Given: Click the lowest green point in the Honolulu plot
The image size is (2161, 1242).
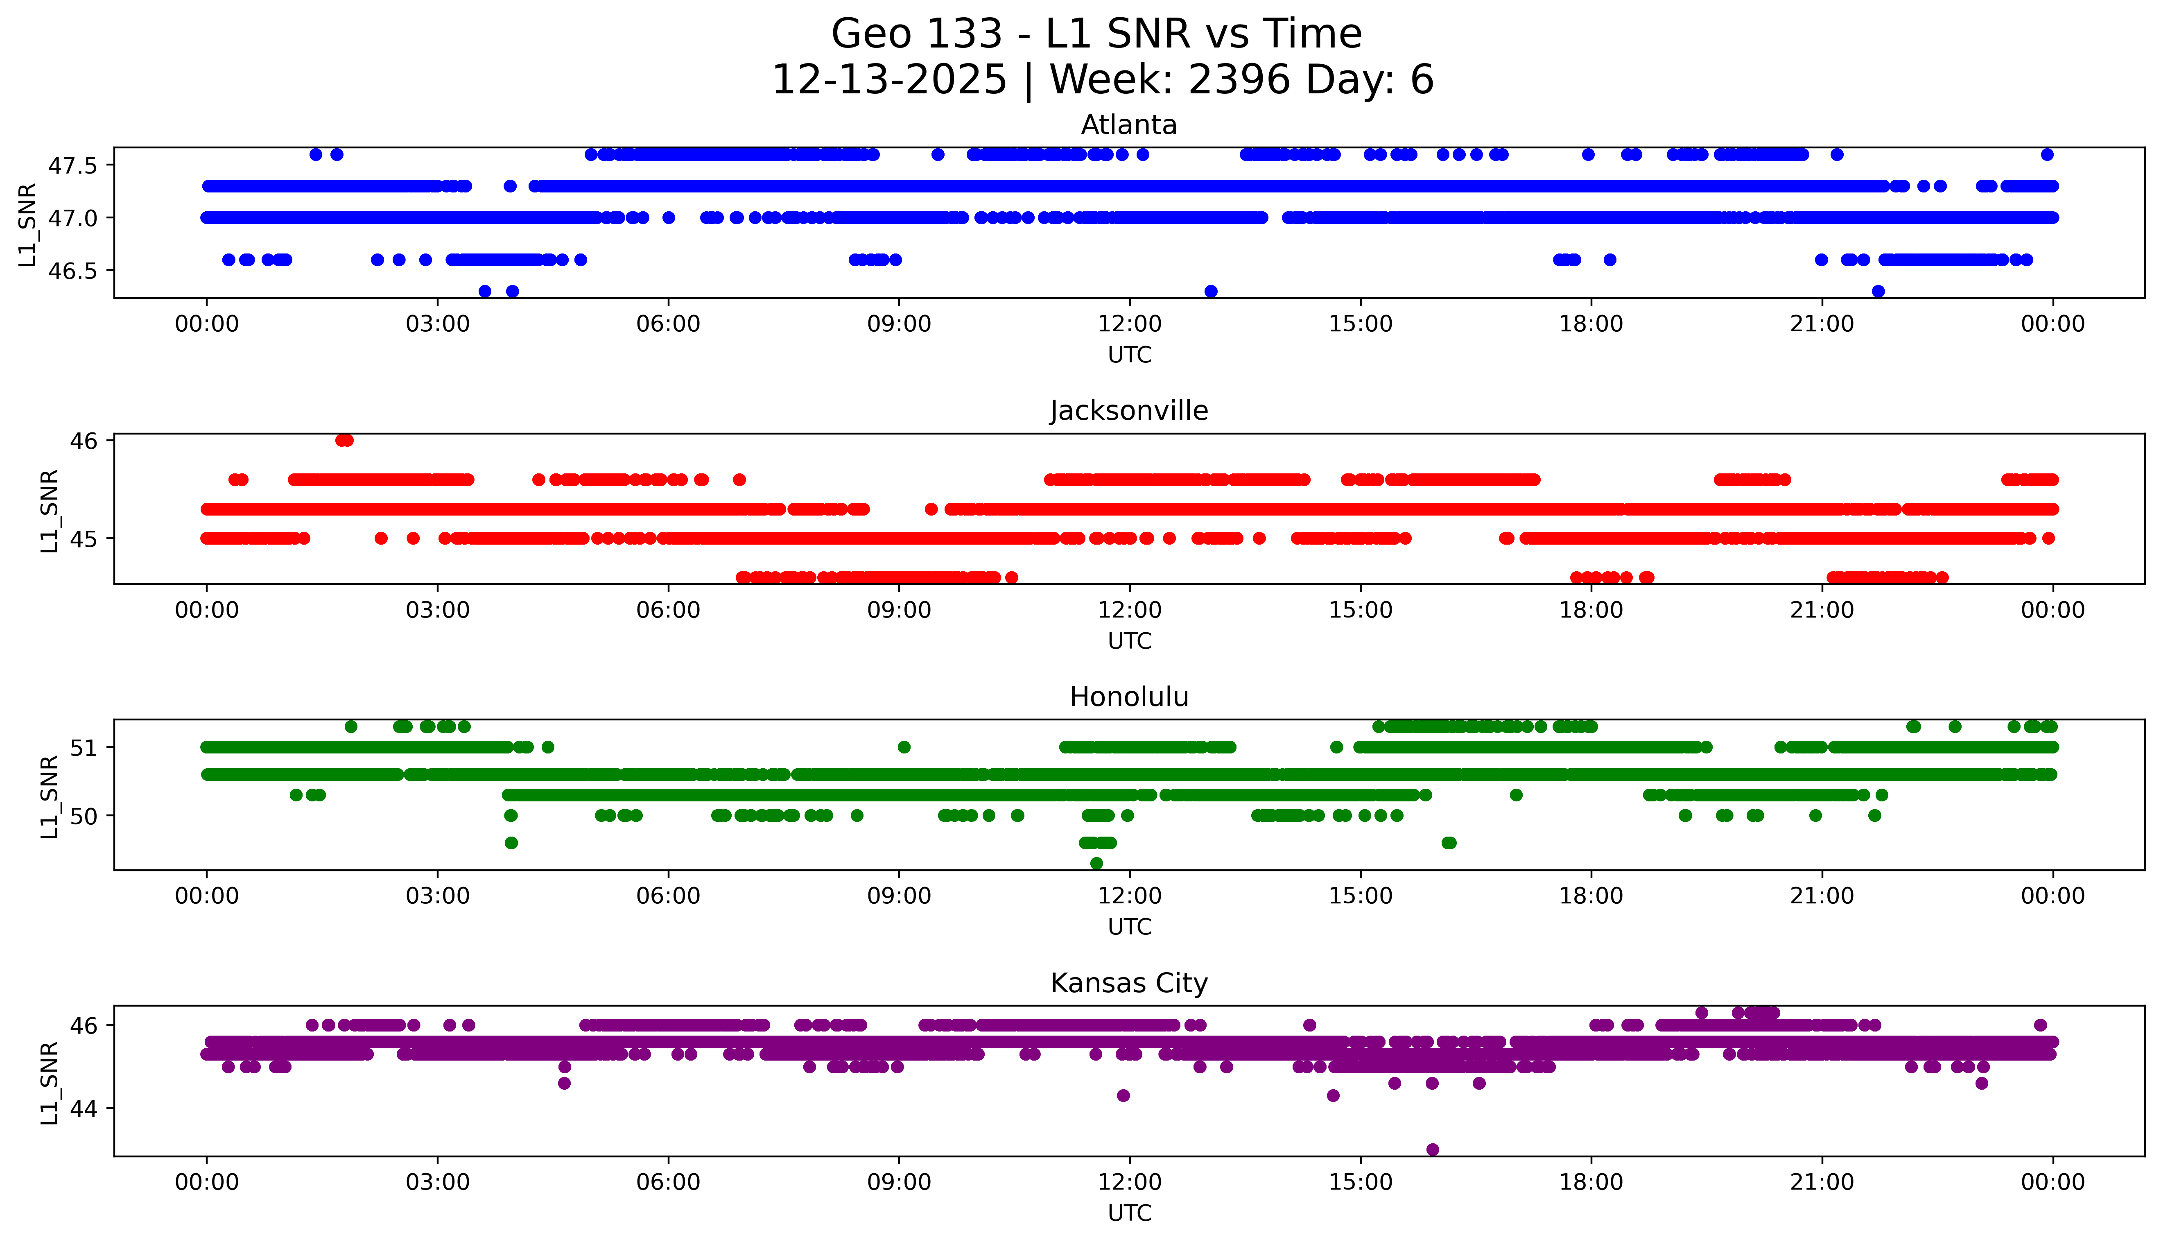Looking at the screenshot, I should (1097, 863).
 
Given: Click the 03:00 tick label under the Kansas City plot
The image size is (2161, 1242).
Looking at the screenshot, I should (438, 1182).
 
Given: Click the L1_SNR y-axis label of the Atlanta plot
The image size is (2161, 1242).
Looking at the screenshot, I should (28, 224).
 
